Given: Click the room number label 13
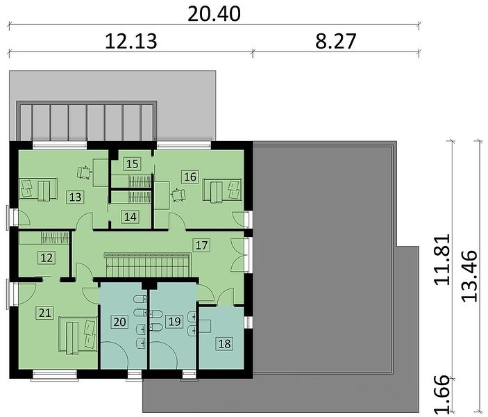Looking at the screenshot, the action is [x=75, y=197].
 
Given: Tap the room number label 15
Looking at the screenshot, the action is [x=133, y=163].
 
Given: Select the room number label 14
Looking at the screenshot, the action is [x=130, y=217].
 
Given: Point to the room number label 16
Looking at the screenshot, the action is [x=190, y=177].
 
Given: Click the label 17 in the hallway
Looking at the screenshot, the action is [x=201, y=245].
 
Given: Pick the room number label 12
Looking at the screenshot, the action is [x=47, y=258].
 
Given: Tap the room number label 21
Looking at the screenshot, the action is [x=45, y=312].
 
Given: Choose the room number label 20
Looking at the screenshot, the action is [x=119, y=322].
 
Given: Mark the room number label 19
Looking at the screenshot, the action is [x=174, y=321].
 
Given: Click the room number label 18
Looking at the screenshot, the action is [x=224, y=343].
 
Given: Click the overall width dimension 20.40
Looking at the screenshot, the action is [x=214, y=14].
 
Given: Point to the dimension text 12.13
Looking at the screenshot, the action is [x=131, y=42].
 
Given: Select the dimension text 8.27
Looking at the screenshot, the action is [x=335, y=42].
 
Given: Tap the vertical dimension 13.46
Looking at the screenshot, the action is [x=469, y=276].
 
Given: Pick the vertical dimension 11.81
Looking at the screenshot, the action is [x=442, y=259].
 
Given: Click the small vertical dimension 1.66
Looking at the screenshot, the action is [x=442, y=395].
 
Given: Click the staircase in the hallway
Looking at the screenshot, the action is [x=148, y=265].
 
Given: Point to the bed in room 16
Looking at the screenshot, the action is [x=222, y=190].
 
